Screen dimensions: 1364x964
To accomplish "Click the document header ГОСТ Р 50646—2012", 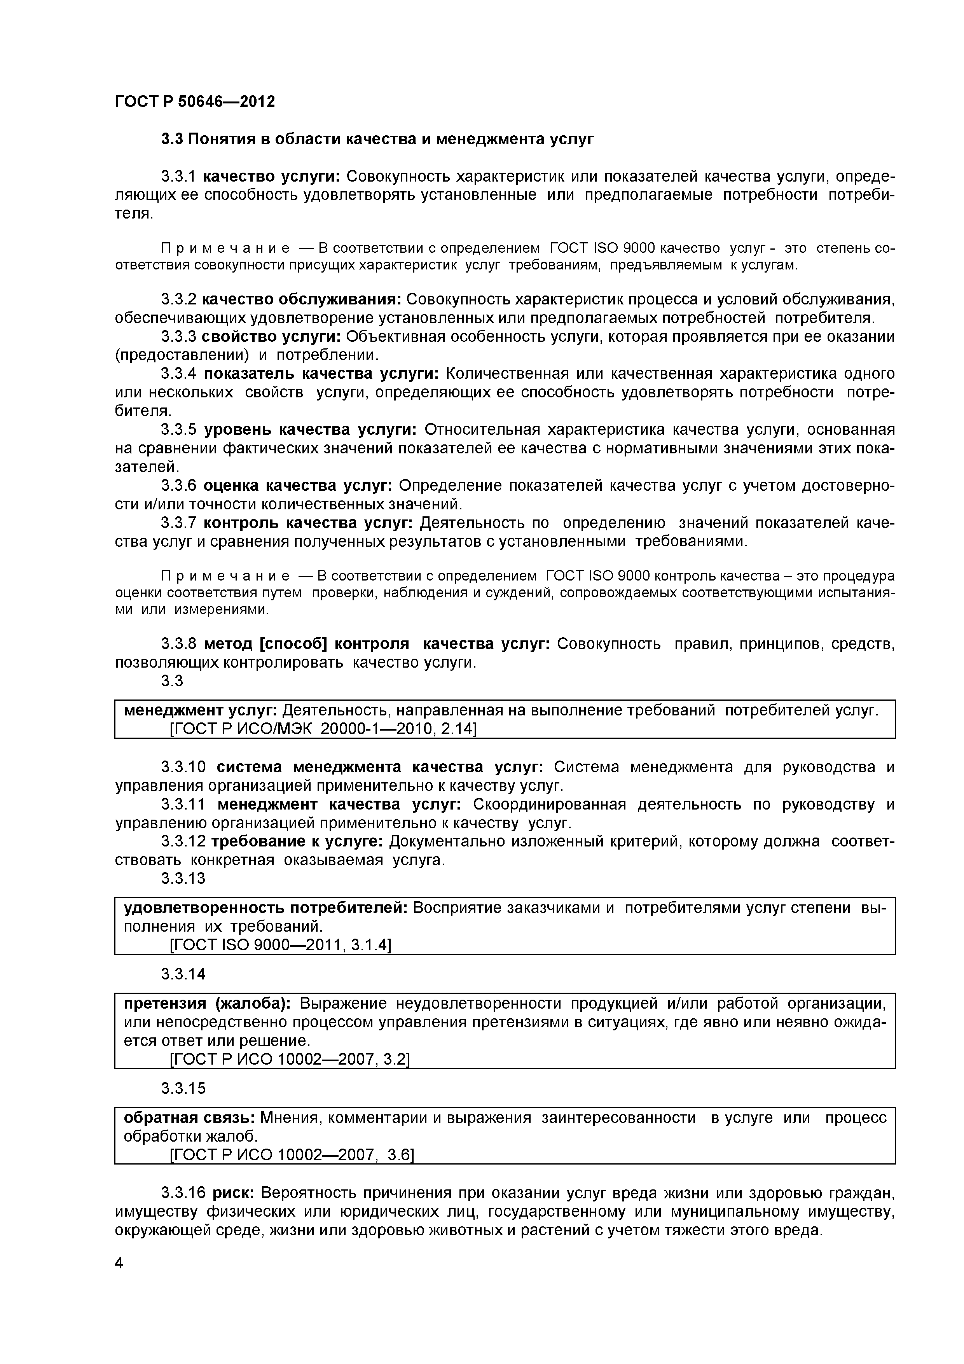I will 195,101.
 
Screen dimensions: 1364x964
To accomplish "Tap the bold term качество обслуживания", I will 302,299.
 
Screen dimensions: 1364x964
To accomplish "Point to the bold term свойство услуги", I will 271,336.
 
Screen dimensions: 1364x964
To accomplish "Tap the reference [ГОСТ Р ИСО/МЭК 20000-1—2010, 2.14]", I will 323,728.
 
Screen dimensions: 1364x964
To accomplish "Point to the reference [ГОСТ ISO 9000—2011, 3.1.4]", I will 280,944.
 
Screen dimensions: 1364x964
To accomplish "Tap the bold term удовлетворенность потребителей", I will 265,908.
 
